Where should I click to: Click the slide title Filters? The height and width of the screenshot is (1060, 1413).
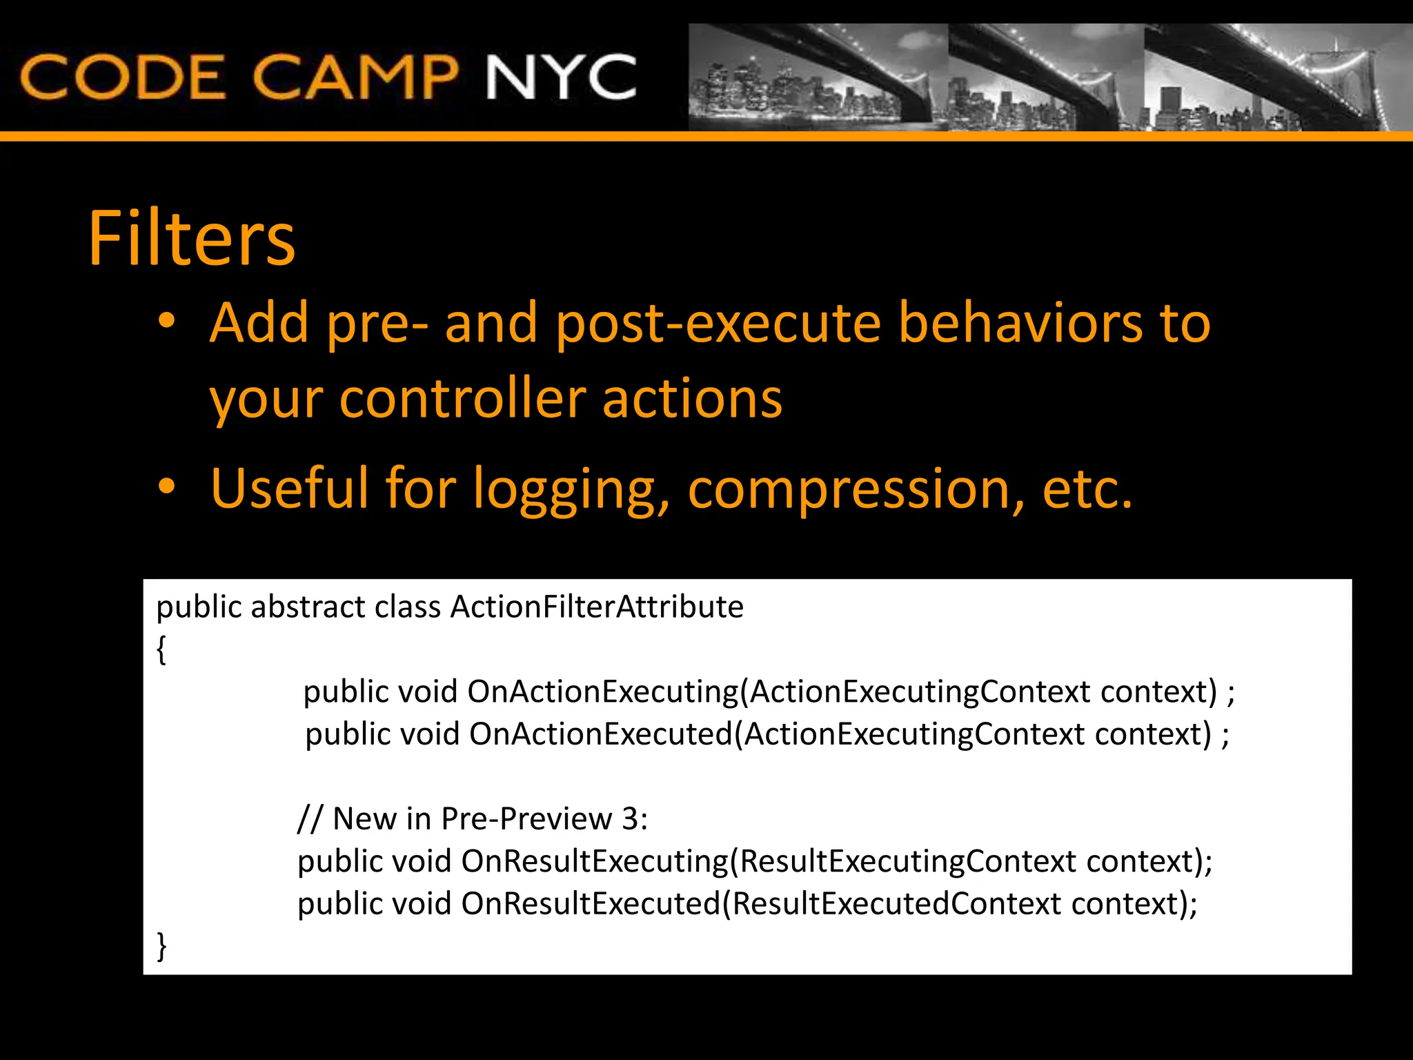192,239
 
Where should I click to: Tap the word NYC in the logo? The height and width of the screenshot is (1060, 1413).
560,77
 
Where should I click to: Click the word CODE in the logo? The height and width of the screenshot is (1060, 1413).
123,77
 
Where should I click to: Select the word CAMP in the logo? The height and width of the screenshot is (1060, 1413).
355,77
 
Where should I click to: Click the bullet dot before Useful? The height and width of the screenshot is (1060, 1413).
166,487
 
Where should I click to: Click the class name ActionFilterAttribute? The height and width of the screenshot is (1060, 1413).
597,607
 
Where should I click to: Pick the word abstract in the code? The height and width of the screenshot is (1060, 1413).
307,607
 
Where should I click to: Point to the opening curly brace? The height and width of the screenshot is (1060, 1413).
161,650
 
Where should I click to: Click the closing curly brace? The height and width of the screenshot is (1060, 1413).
161,946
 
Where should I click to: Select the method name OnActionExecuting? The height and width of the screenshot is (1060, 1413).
603,692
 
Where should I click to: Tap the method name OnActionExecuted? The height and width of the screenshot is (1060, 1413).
600,734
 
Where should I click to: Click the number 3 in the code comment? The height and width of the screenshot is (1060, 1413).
629,819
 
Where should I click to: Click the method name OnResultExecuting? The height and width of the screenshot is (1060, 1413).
595,862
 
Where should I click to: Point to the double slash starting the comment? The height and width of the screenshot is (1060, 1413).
309,819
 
